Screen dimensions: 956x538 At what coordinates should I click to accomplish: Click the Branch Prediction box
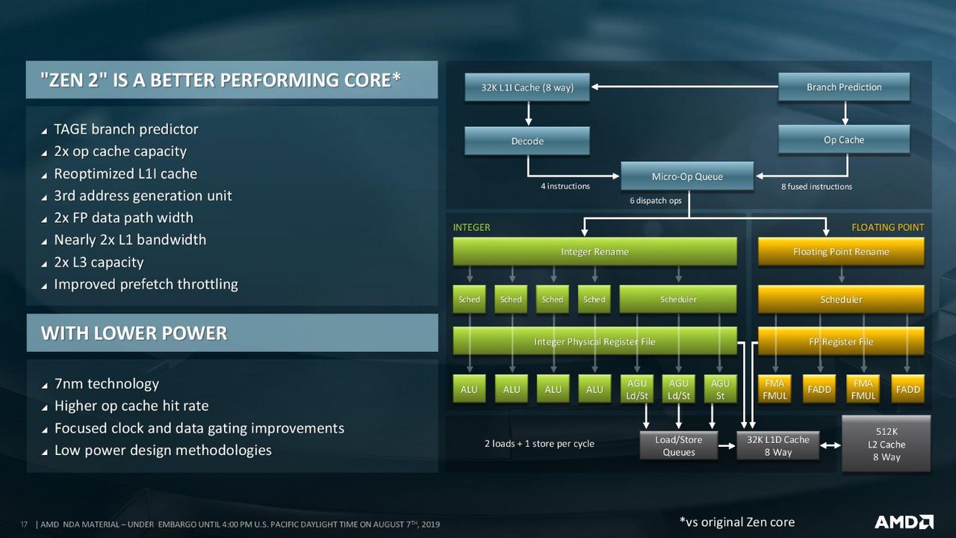(x=844, y=87)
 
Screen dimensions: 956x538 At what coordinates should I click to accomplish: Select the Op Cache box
(x=844, y=140)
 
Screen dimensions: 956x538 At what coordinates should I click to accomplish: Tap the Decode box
(x=527, y=141)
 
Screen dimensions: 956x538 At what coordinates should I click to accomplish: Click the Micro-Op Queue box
(x=687, y=176)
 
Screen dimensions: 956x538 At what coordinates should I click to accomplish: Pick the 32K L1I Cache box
(x=527, y=87)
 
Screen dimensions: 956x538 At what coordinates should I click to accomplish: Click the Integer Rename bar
(x=595, y=252)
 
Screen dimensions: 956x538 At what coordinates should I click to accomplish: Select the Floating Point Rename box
(x=841, y=252)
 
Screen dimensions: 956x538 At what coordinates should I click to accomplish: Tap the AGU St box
(x=720, y=389)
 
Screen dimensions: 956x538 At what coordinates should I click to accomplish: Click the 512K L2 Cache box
(x=886, y=444)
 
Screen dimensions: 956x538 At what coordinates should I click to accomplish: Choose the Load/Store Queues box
(x=679, y=445)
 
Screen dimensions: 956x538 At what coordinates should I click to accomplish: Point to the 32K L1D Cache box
(x=777, y=445)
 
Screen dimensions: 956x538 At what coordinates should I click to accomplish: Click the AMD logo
(x=904, y=522)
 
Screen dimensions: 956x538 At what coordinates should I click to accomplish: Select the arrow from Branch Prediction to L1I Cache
(x=685, y=87)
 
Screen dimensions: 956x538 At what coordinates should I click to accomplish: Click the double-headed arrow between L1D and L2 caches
(x=830, y=445)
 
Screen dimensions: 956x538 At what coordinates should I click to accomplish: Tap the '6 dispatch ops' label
(x=656, y=200)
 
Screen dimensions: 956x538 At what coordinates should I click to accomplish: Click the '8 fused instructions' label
(x=816, y=187)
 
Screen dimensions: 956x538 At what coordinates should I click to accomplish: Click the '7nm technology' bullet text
(x=107, y=384)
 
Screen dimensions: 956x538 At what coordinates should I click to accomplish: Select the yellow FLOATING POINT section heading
(x=888, y=227)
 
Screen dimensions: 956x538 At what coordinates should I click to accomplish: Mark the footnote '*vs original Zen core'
(x=737, y=522)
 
